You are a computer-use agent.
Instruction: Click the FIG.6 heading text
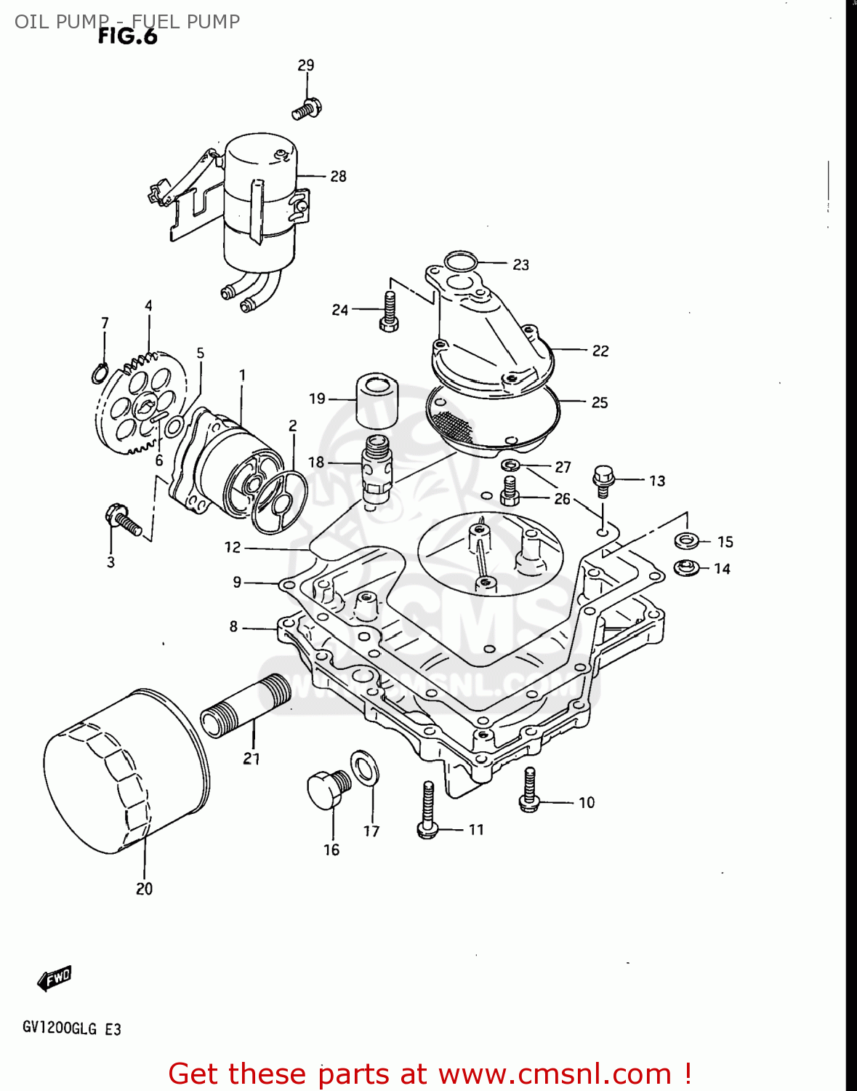[128, 36]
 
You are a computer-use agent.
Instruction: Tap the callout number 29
[306, 65]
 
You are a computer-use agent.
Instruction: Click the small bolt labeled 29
[307, 109]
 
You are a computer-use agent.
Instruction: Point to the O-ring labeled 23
[461, 261]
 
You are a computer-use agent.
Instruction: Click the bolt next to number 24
[389, 313]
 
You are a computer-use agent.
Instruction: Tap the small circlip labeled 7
[100, 373]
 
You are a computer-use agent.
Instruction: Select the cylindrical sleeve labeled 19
[377, 401]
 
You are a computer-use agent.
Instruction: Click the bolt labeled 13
[603, 481]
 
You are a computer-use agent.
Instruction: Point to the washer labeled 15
[686, 540]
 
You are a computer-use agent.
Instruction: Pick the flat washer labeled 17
[364, 768]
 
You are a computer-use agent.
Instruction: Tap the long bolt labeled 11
[428, 811]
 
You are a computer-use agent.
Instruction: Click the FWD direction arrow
[55, 978]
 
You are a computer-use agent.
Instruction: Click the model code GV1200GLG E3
[71, 1028]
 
